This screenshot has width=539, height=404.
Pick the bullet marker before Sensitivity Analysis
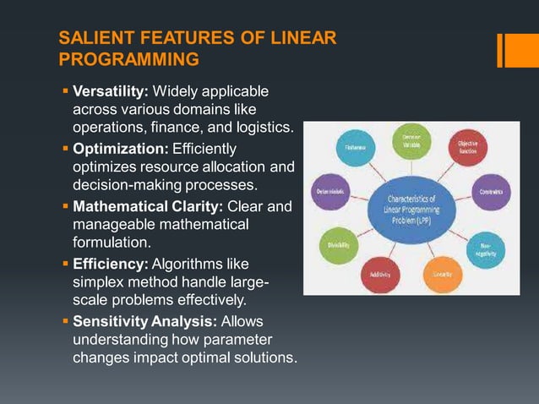pyautogui.click(x=66, y=322)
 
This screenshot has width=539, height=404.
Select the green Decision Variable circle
pyautogui.click(x=411, y=142)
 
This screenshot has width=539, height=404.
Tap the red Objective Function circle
pyautogui.click(x=467, y=148)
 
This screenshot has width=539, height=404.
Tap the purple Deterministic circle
pyautogui.click(x=329, y=192)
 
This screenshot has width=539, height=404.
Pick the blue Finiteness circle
pyautogui.click(x=355, y=149)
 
